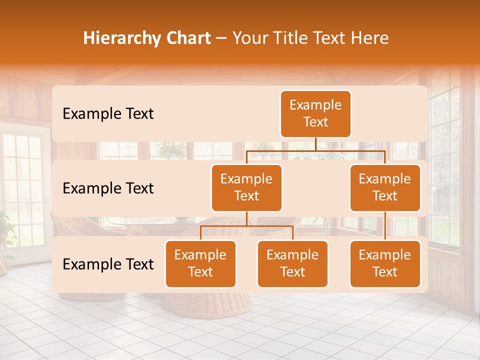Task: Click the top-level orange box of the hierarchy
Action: (315, 113)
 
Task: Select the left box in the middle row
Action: (246, 187)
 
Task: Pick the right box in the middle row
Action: (385, 187)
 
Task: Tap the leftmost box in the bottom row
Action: (200, 263)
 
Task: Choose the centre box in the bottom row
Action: (292, 263)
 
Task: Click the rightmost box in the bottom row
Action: (385, 263)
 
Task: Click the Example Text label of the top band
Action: (108, 114)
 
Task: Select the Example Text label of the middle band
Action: (108, 188)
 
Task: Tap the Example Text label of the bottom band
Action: (108, 264)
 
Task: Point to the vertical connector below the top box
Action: (315, 144)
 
